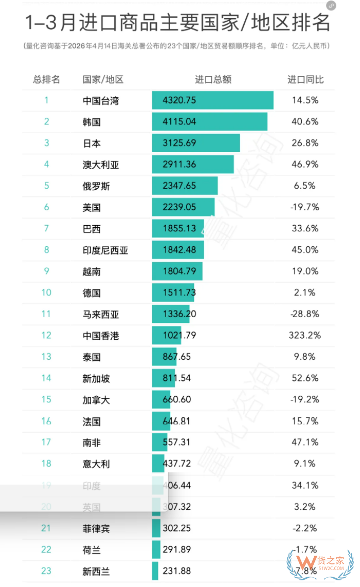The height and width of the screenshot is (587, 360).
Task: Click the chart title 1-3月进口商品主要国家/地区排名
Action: (x=177, y=23)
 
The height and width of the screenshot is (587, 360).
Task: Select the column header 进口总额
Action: (x=213, y=80)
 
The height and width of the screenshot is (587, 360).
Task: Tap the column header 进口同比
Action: (x=305, y=80)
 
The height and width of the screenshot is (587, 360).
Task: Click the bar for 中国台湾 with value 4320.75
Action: (x=212, y=100)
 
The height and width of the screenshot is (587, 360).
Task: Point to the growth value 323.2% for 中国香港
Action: (x=305, y=335)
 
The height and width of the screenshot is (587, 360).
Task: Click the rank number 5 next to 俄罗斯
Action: (x=46, y=186)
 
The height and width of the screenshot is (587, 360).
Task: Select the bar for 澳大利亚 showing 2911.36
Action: (x=193, y=164)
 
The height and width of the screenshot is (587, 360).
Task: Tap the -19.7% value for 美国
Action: (x=305, y=207)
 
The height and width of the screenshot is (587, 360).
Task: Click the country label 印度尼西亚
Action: (x=105, y=250)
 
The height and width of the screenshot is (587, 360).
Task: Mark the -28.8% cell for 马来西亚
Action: (x=305, y=314)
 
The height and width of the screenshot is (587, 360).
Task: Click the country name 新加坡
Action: (x=96, y=378)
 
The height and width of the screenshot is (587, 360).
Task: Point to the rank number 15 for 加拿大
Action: (x=46, y=399)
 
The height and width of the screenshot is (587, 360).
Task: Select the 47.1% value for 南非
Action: (x=305, y=442)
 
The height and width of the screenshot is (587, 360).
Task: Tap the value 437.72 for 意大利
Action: (x=176, y=464)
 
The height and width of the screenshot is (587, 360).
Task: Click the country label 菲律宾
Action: (x=96, y=528)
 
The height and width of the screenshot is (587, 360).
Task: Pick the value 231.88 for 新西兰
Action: (x=176, y=571)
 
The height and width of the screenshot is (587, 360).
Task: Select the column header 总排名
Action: (x=46, y=80)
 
